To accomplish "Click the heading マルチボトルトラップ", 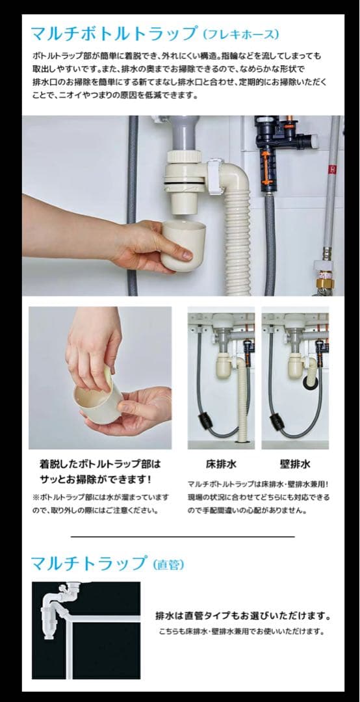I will click(113, 34).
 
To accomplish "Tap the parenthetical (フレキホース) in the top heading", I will click(240, 34).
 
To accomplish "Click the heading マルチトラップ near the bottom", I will click(89, 562).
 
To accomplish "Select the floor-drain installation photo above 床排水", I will click(221, 378).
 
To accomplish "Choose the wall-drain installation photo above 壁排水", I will click(295, 378).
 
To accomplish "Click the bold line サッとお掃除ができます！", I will click(95, 480).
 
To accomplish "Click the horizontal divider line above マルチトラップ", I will click(182, 536).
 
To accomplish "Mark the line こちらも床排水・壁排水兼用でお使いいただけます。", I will click(240, 631).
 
